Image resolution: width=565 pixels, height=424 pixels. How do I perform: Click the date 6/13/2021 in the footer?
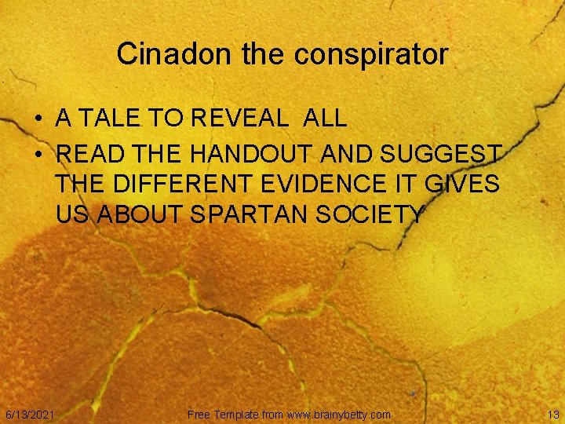(30, 414)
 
